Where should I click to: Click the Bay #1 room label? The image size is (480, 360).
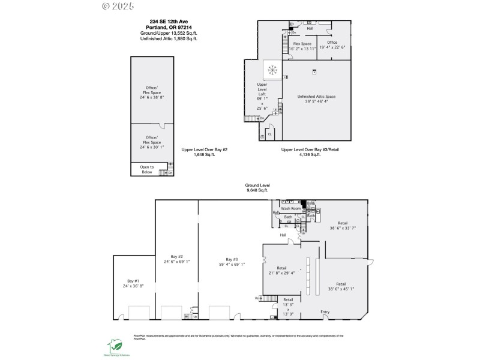(x=133, y=281)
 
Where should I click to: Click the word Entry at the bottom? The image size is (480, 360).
(x=325, y=311)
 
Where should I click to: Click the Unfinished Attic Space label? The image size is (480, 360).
(x=316, y=96)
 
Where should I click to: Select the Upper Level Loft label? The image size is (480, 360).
(x=262, y=89)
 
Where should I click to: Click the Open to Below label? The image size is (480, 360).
(x=147, y=169)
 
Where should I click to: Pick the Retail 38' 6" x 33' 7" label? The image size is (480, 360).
(x=342, y=225)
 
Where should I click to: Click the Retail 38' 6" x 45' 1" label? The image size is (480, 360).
(x=341, y=286)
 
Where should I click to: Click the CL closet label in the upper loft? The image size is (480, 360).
(x=269, y=133)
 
